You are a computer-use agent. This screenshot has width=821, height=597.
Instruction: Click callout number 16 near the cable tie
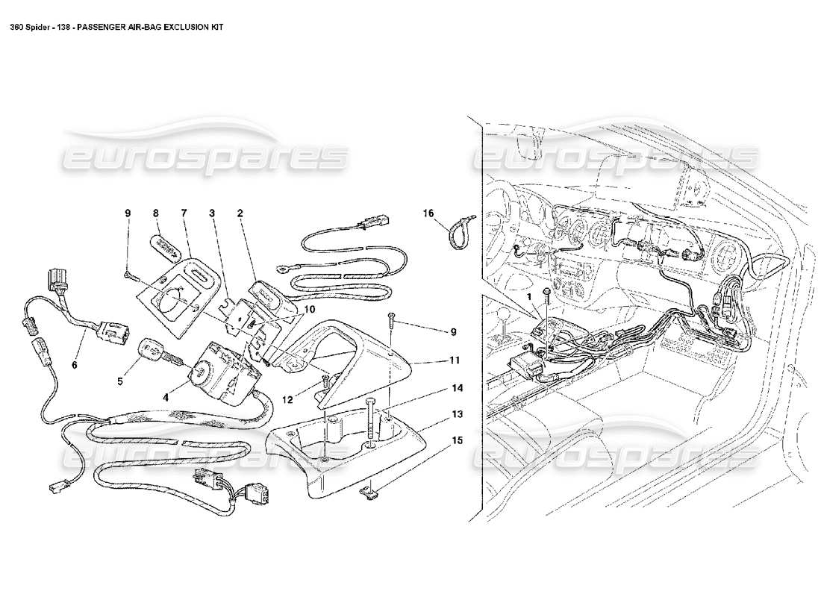click(x=429, y=213)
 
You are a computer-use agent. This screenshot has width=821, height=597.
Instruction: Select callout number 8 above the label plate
click(x=155, y=213)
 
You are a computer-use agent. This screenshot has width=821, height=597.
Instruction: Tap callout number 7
click(x=184, y=213)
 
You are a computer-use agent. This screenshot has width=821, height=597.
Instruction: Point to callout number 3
click(x=212, y=213)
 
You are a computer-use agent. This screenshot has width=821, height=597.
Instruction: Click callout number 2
click(x=240, y=213)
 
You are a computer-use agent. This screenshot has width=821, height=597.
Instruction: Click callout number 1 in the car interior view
click(x=531, y=296)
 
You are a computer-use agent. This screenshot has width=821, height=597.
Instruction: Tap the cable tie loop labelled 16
click(x=457, y=234)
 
